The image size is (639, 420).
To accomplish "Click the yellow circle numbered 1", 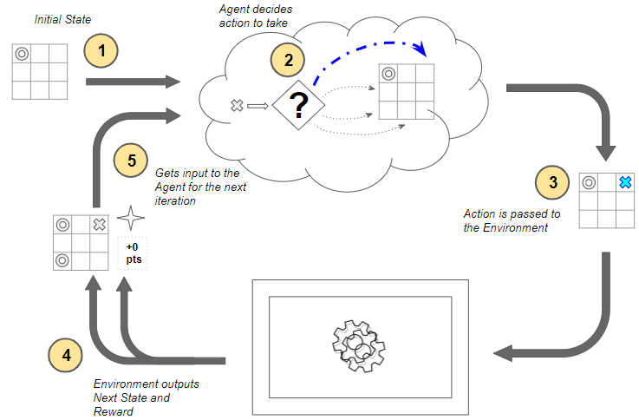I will [102, 51].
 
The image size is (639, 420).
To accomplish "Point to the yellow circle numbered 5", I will [131, 161].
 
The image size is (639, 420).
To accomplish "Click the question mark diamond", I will [298, 106].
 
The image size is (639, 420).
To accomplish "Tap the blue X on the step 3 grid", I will [623, 182].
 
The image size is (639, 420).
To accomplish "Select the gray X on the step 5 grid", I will [99, 225].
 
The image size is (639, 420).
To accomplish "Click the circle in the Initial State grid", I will [22, 54].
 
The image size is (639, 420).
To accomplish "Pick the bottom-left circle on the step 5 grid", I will [62, 259].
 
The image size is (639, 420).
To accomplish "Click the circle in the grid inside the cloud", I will [389, 74].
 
